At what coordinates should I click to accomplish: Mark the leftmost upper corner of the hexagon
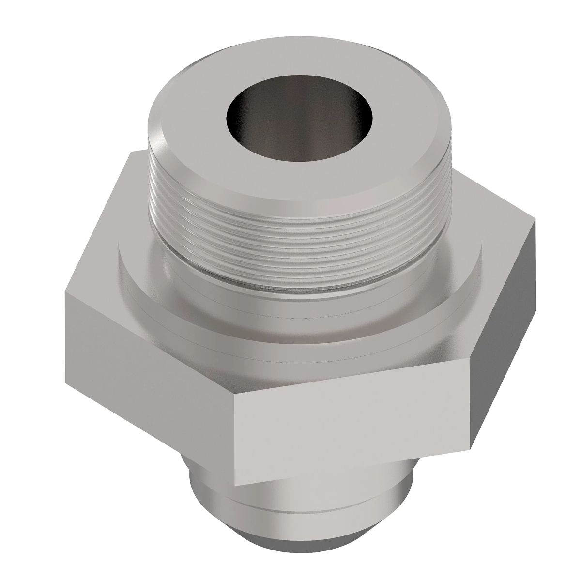[64, 289]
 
